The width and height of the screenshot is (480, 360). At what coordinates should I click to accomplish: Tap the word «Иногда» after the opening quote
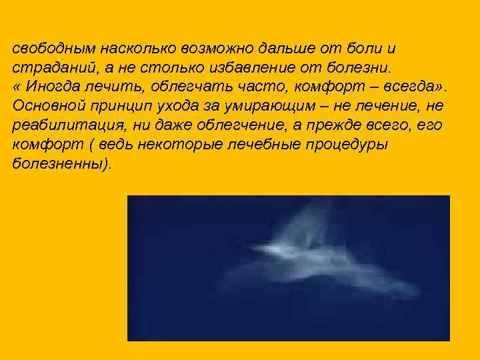pyautogui.click(x=53, y=88)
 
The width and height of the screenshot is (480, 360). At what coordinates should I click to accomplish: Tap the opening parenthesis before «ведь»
pyautogui.click(x=92, y=145)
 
